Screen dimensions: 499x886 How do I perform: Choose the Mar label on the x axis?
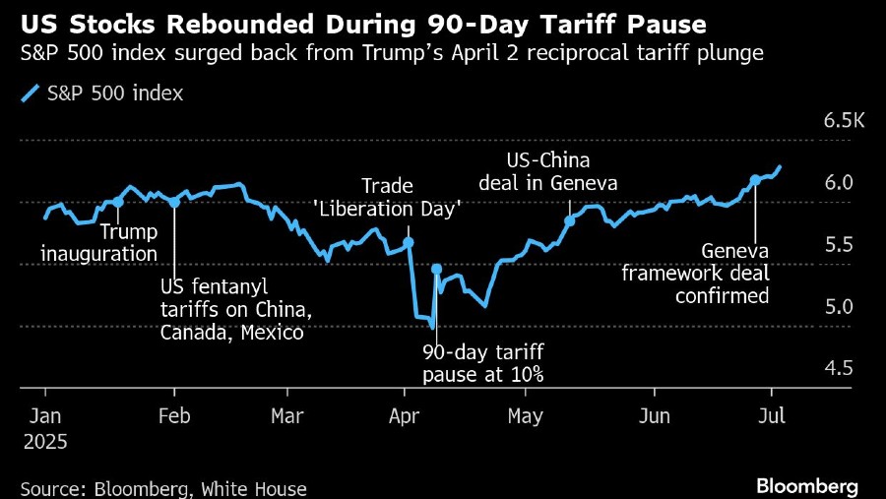[x=286, y=415]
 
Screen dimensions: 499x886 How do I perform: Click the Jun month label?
[x=654, y=415]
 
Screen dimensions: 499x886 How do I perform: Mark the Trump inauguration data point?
[x=118, y=202]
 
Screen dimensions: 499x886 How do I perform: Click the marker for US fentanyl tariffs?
[x=174, y=202]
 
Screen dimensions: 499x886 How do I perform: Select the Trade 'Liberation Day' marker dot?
[x=409, y=242]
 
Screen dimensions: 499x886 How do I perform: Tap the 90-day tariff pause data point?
[x=436, y=269]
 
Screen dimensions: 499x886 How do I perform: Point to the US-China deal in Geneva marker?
[x=569, y=220]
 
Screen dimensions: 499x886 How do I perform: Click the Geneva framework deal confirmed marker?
[x=755, y=180]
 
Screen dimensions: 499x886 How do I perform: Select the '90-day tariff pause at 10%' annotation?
[x=483, y=363]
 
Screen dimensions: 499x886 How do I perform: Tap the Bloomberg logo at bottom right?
[x=806, y=486]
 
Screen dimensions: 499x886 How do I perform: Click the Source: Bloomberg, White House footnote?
[x=163, y=488]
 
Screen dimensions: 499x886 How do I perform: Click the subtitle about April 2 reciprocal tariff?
[x=391, y=53]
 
